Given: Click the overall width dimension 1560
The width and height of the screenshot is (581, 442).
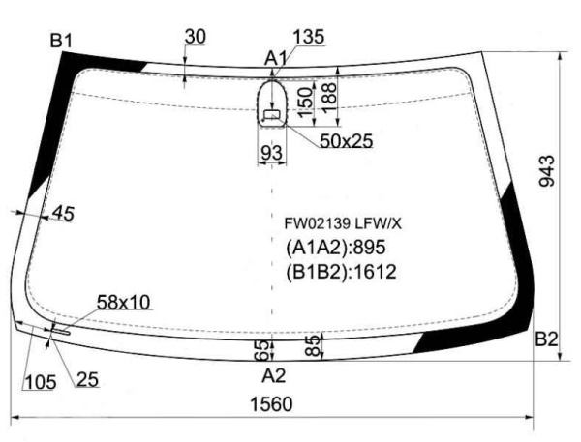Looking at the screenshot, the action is click(x=271, y=403).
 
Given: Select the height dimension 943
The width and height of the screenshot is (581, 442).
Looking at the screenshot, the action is click(x=547, y=170).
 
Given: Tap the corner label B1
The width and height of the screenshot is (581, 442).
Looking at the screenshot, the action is click(x=61, y=40).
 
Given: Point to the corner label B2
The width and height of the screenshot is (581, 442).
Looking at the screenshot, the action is click(x=546, y=339).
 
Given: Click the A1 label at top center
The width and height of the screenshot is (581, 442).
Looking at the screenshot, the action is click(x=275, y=58).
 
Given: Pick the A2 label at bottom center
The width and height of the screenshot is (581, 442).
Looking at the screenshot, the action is click(x=274, y=375).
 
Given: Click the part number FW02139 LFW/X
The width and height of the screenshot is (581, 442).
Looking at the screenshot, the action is click(x=343, y=223).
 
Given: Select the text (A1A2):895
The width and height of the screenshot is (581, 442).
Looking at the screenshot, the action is click(x=336, y=248).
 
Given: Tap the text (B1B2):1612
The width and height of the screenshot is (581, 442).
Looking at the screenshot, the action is click(x=341, y=272).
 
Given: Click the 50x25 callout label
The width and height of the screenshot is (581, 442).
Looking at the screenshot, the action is click(x=346, y=140).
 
